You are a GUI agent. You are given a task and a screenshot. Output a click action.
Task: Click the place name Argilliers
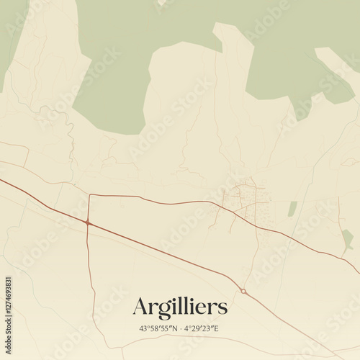pos(180,307)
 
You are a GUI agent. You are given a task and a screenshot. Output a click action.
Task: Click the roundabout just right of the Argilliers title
pos(243,291)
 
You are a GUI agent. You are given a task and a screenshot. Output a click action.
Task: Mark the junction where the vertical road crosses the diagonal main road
pos(88,223)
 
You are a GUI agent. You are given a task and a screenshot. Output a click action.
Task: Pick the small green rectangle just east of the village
pos(292,209)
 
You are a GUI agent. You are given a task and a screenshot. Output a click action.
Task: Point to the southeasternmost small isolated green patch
pos(348,238)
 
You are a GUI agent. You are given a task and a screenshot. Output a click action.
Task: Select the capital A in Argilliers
pos(140,307)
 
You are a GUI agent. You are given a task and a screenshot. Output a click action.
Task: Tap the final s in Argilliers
pos(223,308)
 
